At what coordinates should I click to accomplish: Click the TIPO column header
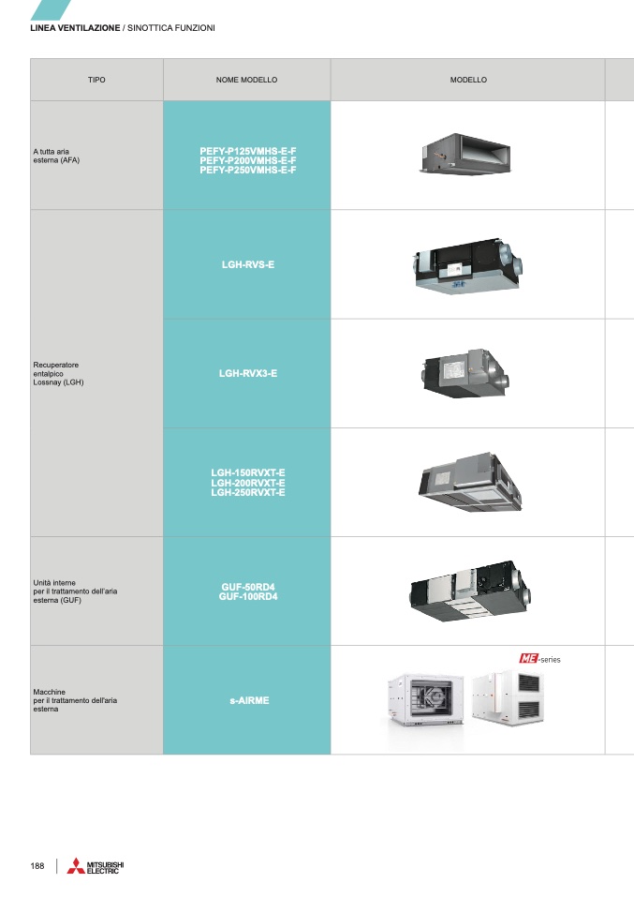pyautogui.click(x=96, y=80)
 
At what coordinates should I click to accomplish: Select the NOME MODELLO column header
pyautogui.click(x=246, y=80)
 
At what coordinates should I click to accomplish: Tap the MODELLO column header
pyautogui.click(x=468, y=80)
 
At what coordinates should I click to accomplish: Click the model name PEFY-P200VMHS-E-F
pyautogui.click(x=248, y=160)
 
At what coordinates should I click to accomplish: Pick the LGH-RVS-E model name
pyautogui.click(x=248, y=264)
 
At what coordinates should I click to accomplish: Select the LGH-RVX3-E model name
pyautogui.click(x=248, y=373)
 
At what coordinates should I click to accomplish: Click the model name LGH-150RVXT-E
pyautogui.click(x=248, y=473)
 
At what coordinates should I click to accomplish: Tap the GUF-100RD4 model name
pyautogui.click(x=248, y=597)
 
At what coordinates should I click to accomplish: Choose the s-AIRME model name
pyautogui.click(x=249, y=700)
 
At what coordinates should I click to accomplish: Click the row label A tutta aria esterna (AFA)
pyautogui.click(x=56, y=156)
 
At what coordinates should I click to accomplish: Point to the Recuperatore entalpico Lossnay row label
pyautogui.click(x=58, y=373)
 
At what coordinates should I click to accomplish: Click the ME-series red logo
pyautogui.click(x=529, y=659)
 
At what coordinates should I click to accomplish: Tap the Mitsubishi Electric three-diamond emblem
pyautogui.click(x=76, y=866)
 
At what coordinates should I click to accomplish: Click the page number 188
pyautogui.click(x=37, y=866)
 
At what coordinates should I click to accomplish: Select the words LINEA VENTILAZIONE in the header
pyautogui.click(x=75, y=27)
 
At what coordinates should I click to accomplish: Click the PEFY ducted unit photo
pyautogui.click(x=465, y=154)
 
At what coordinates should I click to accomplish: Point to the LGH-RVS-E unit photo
pyautogui.click(x=468, y=266)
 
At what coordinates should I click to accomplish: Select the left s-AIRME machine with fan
pyautogui.click(x=426, y=700)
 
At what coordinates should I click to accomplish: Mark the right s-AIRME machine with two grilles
pyautogui.click(x=508, y=697)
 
